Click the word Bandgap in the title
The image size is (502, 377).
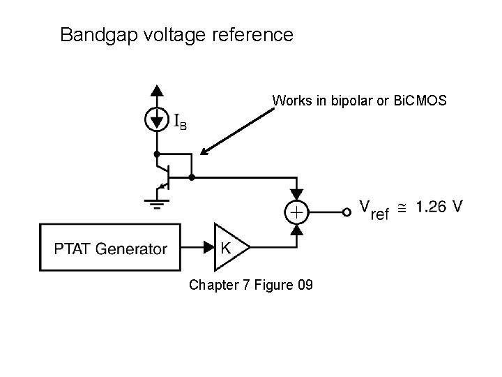[99, 36]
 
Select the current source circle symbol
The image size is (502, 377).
[157, 119]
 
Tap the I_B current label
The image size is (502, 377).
[181, 122]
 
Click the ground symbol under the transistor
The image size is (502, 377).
[157, 204]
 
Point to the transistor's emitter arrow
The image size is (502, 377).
[164, 186]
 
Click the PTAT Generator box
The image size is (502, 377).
[110, 247]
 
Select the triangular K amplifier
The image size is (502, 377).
[231, 247]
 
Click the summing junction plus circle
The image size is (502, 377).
[297, 212]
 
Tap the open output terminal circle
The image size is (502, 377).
[347, 212]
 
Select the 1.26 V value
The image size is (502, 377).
[439, 207]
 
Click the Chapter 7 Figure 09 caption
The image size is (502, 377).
[251, 285]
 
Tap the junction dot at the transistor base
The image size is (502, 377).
[192, 177]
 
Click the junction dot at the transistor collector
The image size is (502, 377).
[157, 154]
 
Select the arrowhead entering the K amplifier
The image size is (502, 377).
[208, 247]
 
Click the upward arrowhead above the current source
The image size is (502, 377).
[157, 90]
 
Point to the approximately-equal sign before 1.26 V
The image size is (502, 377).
[402, 208]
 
